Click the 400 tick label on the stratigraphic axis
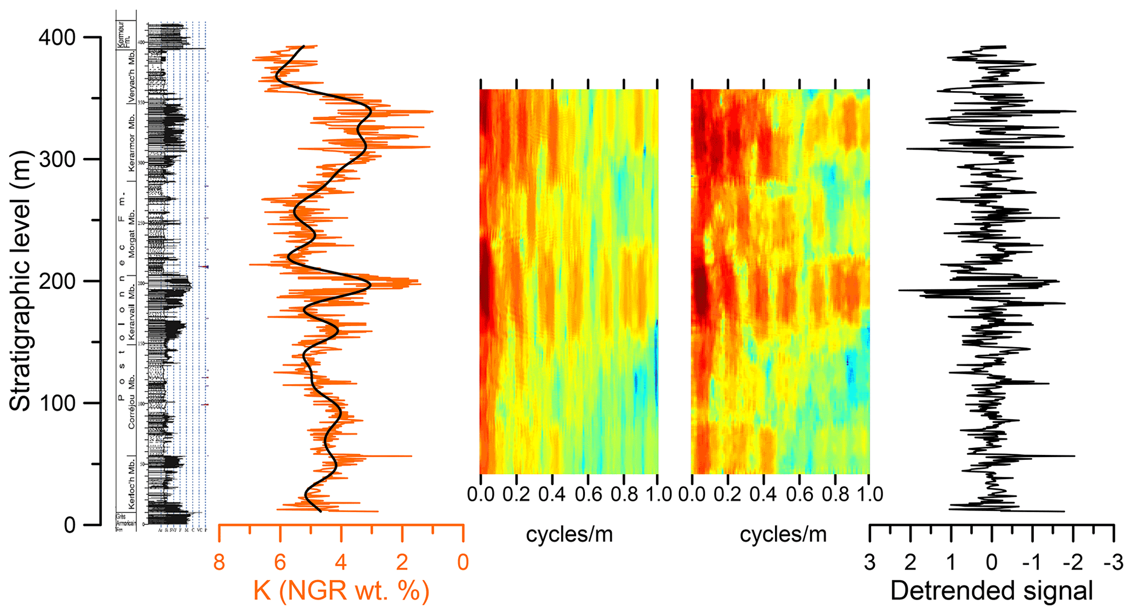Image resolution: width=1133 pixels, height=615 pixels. pos(56,37)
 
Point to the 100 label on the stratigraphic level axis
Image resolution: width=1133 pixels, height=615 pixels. pos(56,403)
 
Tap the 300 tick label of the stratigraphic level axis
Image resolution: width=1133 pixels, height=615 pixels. pos(56,160)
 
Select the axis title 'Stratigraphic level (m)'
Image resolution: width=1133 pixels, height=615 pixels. pos(20,281)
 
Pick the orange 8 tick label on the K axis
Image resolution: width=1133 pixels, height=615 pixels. pos(219,562)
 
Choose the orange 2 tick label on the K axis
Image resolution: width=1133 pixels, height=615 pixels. pos(402,562)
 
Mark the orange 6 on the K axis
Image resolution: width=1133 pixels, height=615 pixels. pos(280,562)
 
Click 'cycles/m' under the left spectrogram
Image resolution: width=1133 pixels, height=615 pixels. pos(569,534)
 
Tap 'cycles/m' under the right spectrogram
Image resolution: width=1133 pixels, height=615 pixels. pos(783,534)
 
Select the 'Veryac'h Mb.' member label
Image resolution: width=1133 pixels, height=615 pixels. pos(132,77)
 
